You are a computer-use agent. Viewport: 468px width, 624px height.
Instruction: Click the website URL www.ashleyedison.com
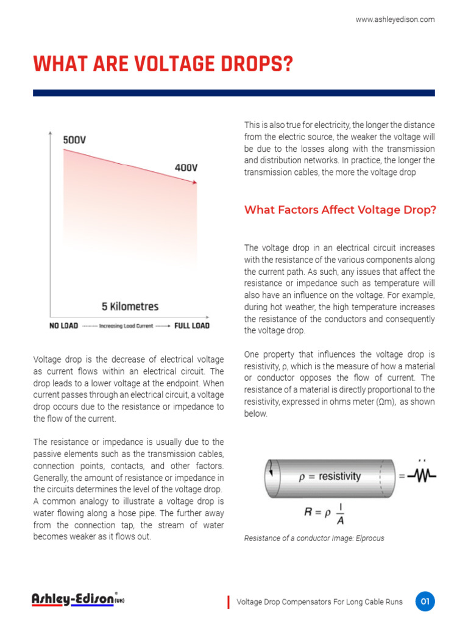395,19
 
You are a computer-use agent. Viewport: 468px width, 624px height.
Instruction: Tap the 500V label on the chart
74,140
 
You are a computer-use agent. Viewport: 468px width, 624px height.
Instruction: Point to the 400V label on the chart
186,168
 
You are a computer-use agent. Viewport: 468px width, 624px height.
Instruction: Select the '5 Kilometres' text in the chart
130,307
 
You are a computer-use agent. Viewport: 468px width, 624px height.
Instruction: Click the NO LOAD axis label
63,326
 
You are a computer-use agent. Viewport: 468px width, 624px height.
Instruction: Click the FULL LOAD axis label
191,326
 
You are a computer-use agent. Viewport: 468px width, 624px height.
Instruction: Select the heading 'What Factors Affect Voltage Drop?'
340,210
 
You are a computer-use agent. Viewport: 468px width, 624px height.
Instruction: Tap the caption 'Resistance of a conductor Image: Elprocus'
314,539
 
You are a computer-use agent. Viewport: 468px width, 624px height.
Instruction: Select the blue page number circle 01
425,601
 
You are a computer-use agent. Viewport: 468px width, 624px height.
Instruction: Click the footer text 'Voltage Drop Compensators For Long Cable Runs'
319,602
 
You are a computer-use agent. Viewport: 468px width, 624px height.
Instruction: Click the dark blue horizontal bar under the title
234,93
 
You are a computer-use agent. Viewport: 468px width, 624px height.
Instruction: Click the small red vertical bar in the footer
229,602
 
